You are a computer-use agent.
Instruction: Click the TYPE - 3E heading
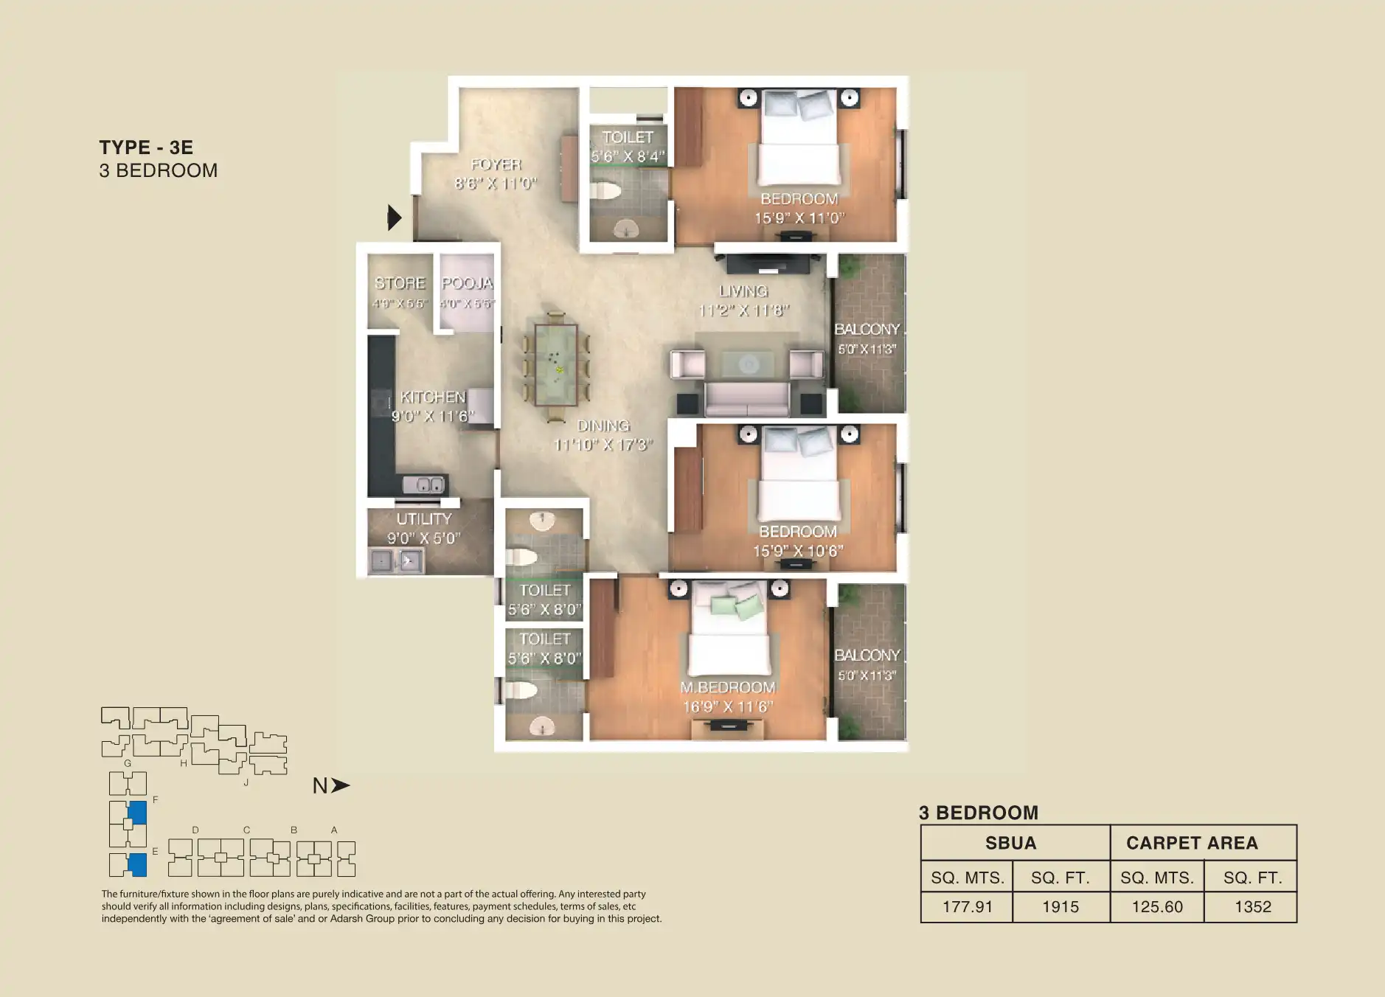tap(146, 147)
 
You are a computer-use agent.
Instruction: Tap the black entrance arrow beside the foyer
tap(395, 218)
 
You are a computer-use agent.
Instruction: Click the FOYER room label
tap(496, 164)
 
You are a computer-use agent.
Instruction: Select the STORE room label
tap(400, 283)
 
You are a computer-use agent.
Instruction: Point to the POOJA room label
tap(467, 283)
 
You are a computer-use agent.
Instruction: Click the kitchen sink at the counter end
tap(423, 484)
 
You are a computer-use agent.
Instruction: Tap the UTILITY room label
tap(423, 519)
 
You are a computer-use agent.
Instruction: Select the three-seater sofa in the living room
tap(747, 399)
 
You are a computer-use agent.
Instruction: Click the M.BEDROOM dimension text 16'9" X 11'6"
tap(727, 706)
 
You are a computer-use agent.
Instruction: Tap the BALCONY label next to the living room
tap(867, 330)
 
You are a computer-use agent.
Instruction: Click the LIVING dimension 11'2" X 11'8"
tap(743, 310)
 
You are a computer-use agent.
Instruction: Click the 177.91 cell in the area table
tap(967, 907)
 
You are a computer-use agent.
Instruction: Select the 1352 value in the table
tap(1252, 907)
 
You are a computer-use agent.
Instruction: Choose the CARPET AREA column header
tap(1192, 843)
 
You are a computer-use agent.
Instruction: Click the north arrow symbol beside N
tap(340, 785)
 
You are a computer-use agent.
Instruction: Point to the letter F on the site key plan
tap(156, 799)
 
